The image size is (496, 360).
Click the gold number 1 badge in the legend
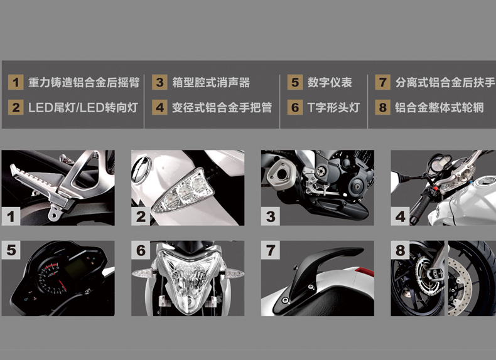pyautogui.click(x=16, y=82)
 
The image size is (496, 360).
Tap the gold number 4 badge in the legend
pyautogui.click(x=159, y=107)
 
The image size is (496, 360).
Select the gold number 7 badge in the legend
pyautogui.click(x=383, y=82)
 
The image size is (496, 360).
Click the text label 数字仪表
pyautogui.click(x=330, y=83)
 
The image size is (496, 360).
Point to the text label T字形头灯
pyautogui.click(x=333, y=108)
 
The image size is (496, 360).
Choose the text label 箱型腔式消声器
pyautogui.click(x=211, y=83)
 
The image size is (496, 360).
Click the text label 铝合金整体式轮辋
pyautogui.click(x=439, y=108)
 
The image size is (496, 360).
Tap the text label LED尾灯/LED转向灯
pyautogui.click(x=83, y=108)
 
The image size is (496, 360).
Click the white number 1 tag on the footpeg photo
pyautogui.click(x=11, y=216)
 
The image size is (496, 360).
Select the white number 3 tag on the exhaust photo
pyautogui.click(x=271, y=216)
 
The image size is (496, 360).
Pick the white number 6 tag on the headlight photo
pyautogui.click(x=141, y=250)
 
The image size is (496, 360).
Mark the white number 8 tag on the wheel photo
pyautogui.click(x=400, y=250)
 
